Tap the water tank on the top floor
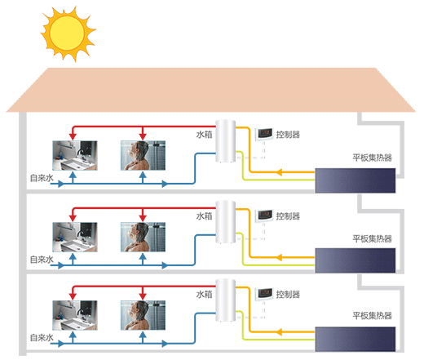[225, 141]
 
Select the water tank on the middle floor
[225, 222]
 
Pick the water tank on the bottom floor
[225, 300]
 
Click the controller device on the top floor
[264, 134]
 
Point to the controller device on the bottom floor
[264, 294]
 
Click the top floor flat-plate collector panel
[356, 180]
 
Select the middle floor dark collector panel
[356, 260]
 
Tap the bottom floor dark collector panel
[356, 339]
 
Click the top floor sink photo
[75, 155]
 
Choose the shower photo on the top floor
[143, 155]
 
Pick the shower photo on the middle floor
[143, 237]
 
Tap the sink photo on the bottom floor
[75, 315]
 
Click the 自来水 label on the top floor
[42, 178]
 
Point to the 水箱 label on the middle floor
[204, 216]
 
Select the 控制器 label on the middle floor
[288, 216]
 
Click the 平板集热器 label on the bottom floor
[372, 316]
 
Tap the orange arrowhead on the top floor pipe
[279, 172]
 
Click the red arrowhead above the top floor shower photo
[143, 136]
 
